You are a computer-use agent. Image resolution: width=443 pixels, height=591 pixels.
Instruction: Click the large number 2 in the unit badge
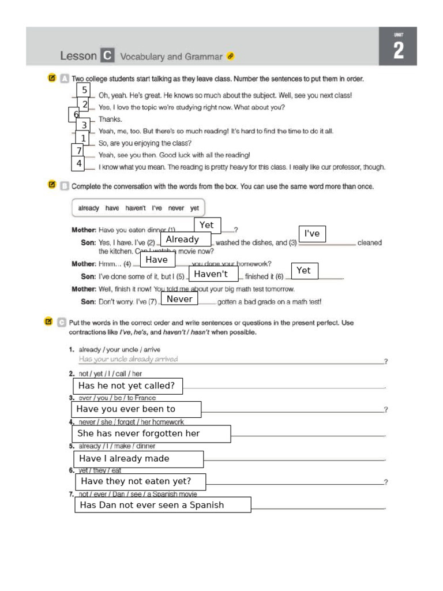coord(398,51)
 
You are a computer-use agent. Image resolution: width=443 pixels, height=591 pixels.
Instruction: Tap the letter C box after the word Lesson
coord(107,56)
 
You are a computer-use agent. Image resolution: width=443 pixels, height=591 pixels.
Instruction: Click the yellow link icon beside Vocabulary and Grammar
coord(231,57)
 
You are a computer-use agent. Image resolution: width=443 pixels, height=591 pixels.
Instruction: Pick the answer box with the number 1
coord(84,139)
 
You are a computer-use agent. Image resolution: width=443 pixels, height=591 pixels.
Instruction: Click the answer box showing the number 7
coord(78,151)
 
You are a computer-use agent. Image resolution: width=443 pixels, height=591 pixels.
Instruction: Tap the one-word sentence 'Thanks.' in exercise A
coord(110,119)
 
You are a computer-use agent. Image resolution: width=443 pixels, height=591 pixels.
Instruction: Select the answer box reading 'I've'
coord(312,233)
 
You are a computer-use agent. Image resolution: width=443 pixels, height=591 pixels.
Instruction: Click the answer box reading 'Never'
coord(179,299)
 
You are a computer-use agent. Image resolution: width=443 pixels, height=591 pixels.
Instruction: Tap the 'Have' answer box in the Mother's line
coord(157,260)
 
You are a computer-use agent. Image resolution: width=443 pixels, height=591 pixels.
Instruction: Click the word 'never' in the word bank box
coord(176,208)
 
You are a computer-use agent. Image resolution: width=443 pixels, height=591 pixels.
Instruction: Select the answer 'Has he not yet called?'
coord(127,386)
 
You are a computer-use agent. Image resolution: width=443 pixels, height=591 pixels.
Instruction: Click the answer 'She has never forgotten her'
coord(151,433)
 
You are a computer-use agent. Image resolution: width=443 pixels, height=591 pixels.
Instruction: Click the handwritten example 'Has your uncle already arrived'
coord(128,359)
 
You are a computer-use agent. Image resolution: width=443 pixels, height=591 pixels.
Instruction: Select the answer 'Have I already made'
coord(138,459)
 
